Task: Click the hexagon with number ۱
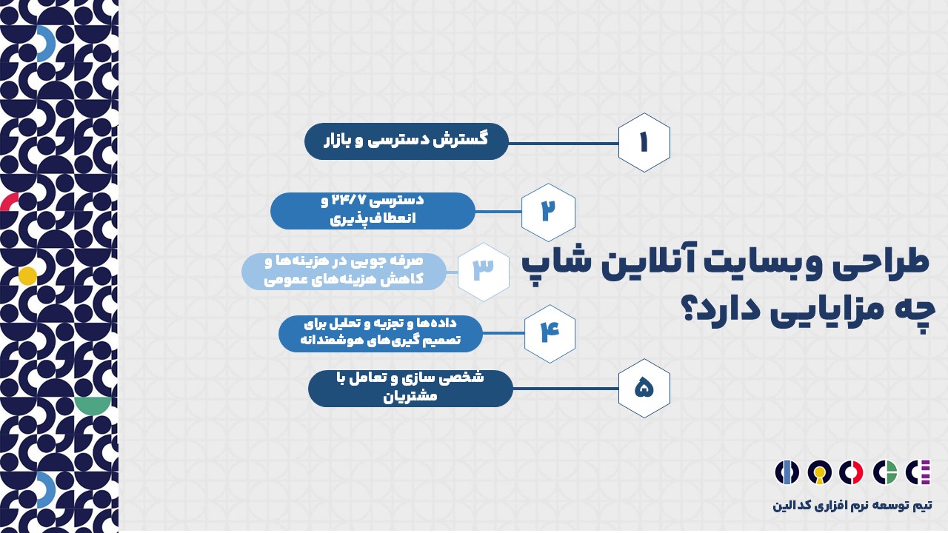644,143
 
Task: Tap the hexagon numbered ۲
548,212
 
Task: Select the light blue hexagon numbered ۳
484,272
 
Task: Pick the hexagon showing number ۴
550,333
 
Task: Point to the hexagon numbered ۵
644,388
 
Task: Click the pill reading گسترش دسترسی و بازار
407,141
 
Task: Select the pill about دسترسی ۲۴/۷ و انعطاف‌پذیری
373,211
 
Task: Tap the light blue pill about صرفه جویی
344,272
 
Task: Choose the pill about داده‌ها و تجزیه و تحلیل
381,334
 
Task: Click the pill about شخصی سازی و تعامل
410,389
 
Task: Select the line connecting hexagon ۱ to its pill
564,144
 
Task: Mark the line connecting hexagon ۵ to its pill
566,389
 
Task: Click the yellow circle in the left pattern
27,276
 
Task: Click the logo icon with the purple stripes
918,472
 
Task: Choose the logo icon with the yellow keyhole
819,472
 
